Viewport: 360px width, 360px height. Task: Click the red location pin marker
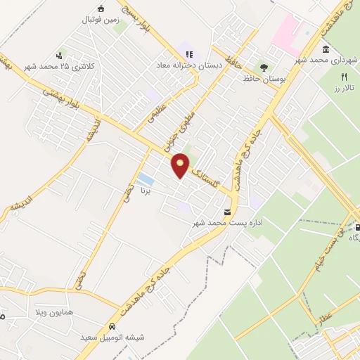181,165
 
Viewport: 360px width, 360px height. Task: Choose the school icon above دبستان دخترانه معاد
188,53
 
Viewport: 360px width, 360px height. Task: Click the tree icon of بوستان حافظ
263,68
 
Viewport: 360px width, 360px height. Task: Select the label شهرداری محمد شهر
333,60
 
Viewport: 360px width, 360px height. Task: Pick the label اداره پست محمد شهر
222,224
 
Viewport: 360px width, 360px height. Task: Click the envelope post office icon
226,212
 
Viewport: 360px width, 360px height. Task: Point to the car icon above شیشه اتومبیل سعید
112,326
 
